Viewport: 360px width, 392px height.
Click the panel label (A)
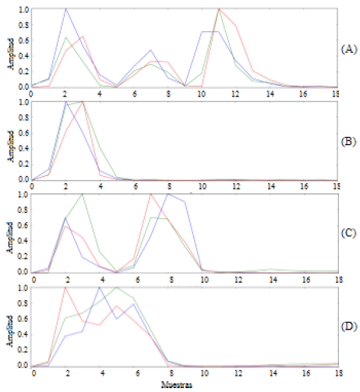point(349,48)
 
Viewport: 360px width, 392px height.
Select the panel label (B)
point(349,142)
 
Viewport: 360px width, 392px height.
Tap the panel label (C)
point(349,232)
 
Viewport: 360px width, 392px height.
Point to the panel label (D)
point(349,325)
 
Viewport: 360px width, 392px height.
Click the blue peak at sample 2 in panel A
point(65,9)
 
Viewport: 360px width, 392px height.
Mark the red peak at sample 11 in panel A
point(219,9)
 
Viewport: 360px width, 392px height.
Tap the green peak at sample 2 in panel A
point(65,37)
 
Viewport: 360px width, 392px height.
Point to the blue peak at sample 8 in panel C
point(168,194)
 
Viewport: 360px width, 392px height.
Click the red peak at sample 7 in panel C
point(150,194)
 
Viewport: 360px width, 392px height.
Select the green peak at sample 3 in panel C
point(83,194)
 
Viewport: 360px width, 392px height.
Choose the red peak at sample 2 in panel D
point(65,288)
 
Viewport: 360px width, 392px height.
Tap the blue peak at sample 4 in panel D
point(100,288)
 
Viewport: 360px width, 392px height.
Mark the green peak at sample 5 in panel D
point(117,288)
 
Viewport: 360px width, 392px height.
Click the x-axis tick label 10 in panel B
point(202,187)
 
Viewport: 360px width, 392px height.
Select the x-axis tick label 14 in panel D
point(270,373)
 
